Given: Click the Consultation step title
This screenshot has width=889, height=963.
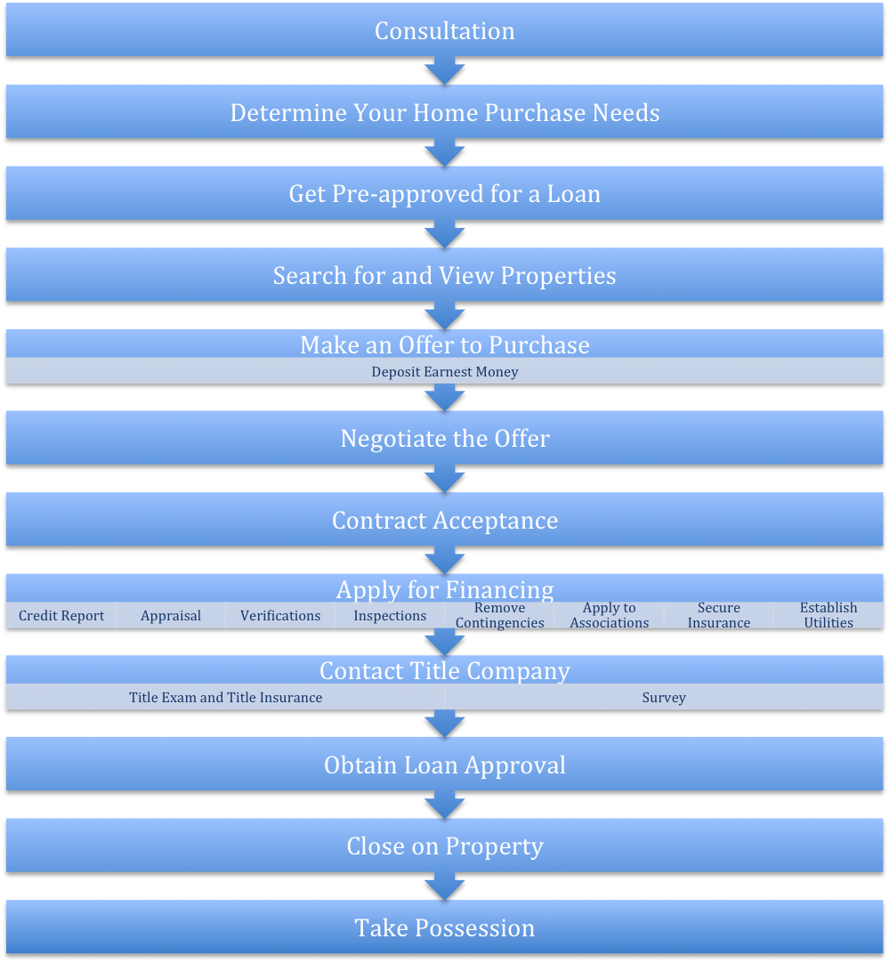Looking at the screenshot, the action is tap(445, 31).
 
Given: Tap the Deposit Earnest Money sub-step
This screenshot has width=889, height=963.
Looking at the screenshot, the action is tap(445, 371).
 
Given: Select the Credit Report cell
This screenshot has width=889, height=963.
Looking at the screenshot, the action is tap(61, 615).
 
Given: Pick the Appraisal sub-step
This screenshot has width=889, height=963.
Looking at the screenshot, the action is tap(171, 615).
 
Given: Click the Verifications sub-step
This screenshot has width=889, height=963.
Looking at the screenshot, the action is tap(280, 615).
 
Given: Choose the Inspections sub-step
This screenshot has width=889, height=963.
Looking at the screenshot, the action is tap(390, 615).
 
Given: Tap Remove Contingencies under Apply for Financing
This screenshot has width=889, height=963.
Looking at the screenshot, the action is tap(500, 615).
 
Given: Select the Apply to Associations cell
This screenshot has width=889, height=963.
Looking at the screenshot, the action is tap(609, 615).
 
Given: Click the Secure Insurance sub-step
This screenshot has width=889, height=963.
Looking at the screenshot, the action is tap(719, 615).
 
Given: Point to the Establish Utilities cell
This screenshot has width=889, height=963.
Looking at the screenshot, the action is tap(828, 615).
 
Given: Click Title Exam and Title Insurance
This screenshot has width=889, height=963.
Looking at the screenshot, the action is tap(225, 697).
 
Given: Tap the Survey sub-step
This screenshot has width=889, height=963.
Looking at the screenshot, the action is tap(664, 697).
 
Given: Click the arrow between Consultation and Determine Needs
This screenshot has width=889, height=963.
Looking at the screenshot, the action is tap(445, 70).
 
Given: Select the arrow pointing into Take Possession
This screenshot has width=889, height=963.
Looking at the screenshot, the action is tap(445, 886).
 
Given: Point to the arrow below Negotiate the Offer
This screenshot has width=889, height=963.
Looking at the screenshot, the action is tap(445, 479).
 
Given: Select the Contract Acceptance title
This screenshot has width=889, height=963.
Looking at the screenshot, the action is tap(445, 521).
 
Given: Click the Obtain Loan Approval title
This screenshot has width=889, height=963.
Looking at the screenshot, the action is tap(445, 765).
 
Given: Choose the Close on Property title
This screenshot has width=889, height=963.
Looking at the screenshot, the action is tap(445, 846).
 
